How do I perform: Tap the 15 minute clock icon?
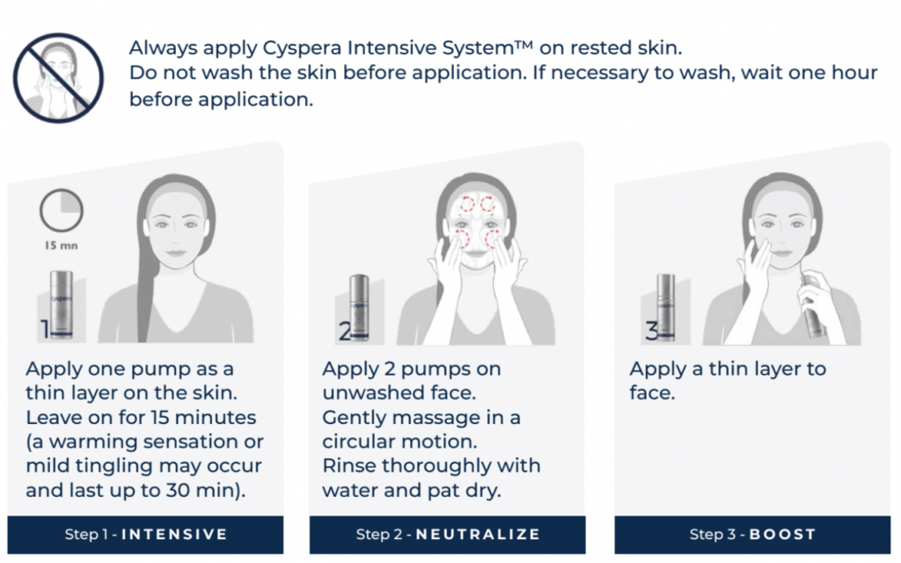61,212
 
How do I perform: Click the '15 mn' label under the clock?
60,245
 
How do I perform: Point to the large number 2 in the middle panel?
346,331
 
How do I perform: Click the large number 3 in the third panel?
651,331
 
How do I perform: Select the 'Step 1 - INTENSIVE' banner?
145,534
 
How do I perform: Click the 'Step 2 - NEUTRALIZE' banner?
448,534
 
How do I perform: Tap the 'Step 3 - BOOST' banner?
752,534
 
